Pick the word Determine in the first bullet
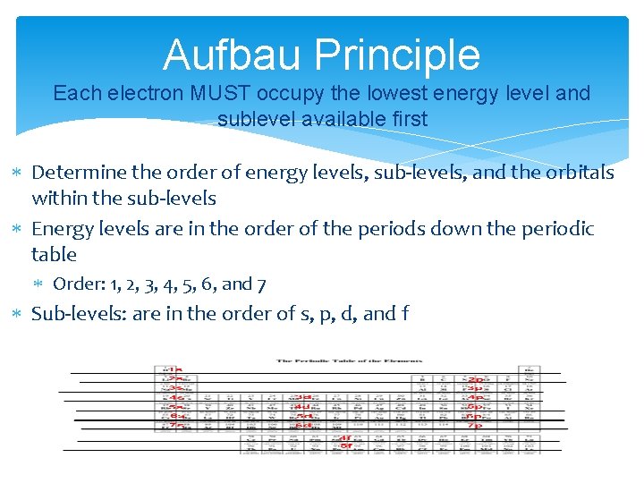pos(76,172)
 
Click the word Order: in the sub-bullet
pos(77,284)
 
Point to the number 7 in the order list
pos(260,284)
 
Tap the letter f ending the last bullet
pos(405,313)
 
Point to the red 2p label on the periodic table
pos(474,379)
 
